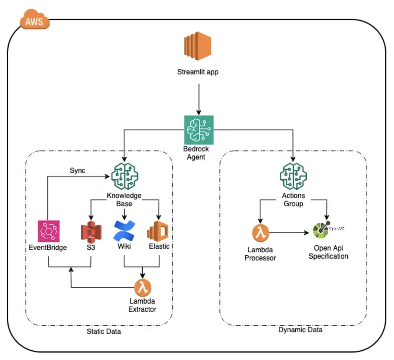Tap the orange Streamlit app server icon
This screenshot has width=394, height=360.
click(198, 46)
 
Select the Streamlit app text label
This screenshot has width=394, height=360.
click(198, 72)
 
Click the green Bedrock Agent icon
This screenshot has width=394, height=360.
click(199, 130)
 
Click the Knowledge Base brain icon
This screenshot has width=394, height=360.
click(124, 176)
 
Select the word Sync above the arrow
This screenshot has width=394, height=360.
click(77, 170)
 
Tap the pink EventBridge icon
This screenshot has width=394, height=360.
click(49, 231)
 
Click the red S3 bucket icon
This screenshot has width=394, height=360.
click(91, 231)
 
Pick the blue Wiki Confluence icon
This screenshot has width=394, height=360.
click(124, 231)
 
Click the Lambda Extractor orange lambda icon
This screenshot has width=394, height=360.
click(143, 287)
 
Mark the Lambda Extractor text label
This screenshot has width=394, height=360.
click(142, 305)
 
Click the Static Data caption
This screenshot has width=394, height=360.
click(104, 331)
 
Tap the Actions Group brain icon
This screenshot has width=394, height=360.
click(293, 176)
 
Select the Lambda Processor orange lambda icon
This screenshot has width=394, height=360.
click(261, 233)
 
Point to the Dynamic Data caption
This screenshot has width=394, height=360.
click(300, 330)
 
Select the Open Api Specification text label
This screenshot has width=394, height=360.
click(328, 252)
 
